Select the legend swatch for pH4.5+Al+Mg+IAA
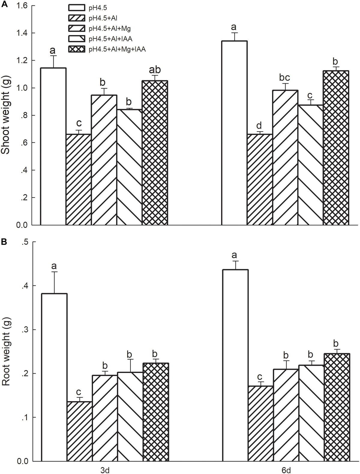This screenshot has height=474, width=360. coord(77,49)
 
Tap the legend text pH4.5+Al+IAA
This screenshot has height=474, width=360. coord(110,38)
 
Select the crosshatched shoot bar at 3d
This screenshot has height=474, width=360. coord(155,153)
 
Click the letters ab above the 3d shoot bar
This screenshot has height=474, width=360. coord(155,70)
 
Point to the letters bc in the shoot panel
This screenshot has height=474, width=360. coord(285,78)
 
